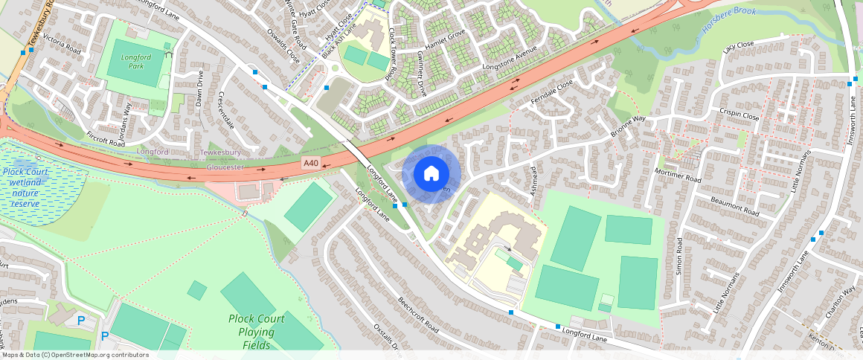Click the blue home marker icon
[x=431, y=174]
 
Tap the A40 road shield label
[x=312, y=162]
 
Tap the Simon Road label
[x=679, y=257]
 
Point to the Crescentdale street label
[x=227, y=109]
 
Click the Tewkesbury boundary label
[x=221, y=152]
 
